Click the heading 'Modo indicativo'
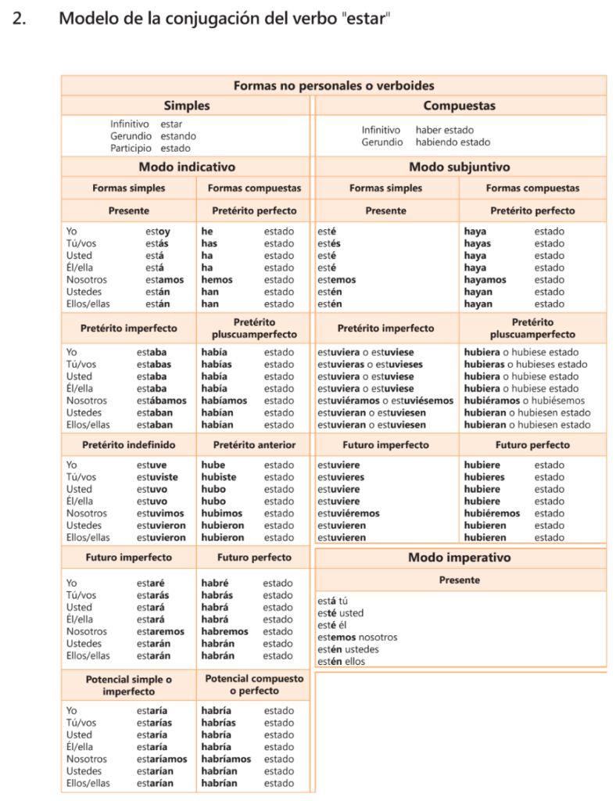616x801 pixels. click(187, 167)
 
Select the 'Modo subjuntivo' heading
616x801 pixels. click(460, 167)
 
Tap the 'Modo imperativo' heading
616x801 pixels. click(460, 558)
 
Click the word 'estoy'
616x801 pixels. click(158, 232)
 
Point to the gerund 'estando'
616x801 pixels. click(178, 136)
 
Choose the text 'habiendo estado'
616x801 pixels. click(453, 142)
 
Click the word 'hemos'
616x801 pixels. click(217, 280)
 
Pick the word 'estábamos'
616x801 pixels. click(162, 400)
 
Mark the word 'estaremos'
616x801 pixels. click(161, 631)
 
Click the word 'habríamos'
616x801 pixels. click(226, 759)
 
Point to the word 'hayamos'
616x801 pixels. click(485, 280)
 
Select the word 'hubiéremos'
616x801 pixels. click(492, 513)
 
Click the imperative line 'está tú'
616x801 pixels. click(333, 602)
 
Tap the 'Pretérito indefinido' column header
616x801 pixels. click(129, 445)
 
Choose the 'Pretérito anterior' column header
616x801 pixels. click(254, 445)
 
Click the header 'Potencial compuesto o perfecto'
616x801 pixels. click(254, 685)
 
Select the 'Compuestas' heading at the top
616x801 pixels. click(460, 106)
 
